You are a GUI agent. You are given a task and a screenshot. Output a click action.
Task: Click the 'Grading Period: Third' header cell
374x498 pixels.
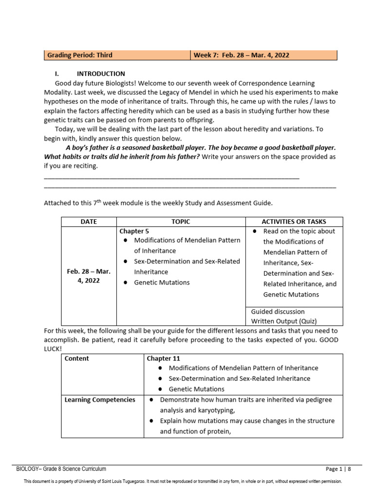coord(79,55)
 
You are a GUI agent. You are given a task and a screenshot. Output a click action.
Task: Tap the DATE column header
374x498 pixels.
coord(89,222)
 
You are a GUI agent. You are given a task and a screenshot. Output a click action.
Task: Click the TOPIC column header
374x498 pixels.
coord(181,222)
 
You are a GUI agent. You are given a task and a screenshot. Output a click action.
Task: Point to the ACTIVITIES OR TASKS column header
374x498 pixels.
coord(294,222)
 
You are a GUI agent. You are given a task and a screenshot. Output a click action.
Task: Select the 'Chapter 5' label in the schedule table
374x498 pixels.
coord(131,231)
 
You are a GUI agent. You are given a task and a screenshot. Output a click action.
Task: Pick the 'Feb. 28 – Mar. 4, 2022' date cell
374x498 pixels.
coord(89,276)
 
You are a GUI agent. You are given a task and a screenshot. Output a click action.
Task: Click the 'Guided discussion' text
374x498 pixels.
coord(278,311)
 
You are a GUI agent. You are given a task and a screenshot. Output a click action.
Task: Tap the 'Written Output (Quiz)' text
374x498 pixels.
coord(283,321)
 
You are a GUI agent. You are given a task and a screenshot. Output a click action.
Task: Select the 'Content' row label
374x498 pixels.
coord(76,358)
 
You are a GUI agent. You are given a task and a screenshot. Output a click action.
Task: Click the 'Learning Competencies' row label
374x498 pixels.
coord(100,400)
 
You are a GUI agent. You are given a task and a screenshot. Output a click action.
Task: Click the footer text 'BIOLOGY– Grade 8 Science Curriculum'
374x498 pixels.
coord(61,469)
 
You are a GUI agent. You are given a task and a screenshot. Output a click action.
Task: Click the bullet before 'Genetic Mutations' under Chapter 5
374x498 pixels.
coord(126,283)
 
